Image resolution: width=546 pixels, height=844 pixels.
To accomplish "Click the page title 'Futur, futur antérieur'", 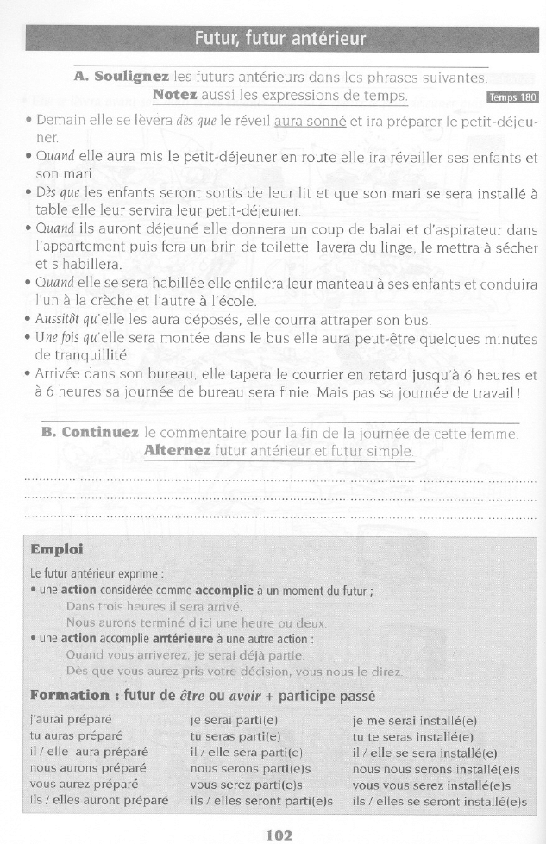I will click(x=280, y=39).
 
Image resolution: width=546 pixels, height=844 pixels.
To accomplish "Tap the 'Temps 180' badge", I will click(x=513, y=97).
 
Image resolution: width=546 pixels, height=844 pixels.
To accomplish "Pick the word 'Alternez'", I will click(x=177, y=451).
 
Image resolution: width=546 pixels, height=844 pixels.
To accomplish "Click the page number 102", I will click(x=279, y=834).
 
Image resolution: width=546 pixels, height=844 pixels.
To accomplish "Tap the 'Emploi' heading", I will click(x=57, y=549).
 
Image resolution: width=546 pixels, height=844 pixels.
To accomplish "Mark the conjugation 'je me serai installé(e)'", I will click(x=415, y=720).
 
